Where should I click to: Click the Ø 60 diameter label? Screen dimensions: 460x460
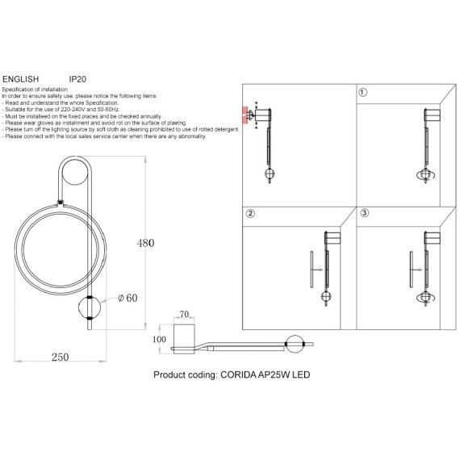(x=128, y=299)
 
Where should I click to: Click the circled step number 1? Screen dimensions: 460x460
(x=363, y=93)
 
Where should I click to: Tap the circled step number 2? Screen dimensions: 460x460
(x=250, y=214)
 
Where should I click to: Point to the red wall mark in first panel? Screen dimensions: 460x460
(x=246, y=115)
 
